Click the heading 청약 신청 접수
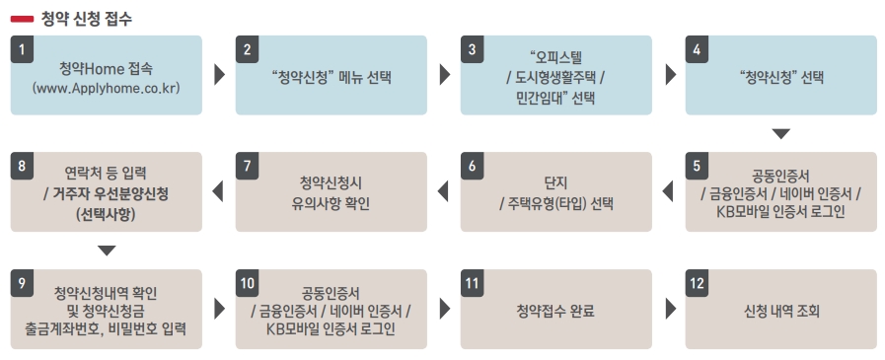click(87, 19)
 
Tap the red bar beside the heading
click(22, 19)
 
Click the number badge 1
click(22, 49)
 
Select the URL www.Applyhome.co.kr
click(107, 89)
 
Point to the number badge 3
click(472, 49)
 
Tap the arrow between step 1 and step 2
click(220, 76)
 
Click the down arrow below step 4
click(781, 134)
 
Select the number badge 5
click(698, 166)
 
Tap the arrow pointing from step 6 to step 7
click(443, 192)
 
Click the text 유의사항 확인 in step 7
click(331, 203)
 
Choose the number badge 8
click(22, 166)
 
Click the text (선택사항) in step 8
click(107, 215)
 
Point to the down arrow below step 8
click(107, 251)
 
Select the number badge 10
click(247, 283)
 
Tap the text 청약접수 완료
click(555, 311)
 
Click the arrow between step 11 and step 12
click(671, 310)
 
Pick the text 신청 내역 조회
click(781, 311)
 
